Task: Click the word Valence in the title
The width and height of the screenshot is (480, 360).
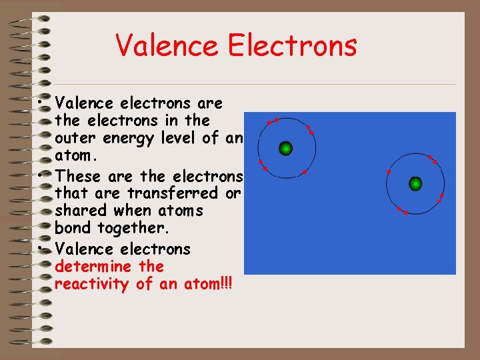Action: click(167, 45)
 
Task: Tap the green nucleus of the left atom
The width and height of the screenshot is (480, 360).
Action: click(286, 148)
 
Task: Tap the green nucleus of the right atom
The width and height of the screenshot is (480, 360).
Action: click(416, 183)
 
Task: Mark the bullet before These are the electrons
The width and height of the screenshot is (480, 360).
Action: click(41, 175)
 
